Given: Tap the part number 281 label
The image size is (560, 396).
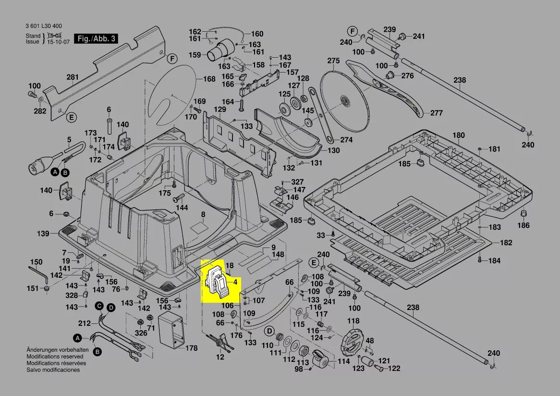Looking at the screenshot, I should click(x=73, y=77).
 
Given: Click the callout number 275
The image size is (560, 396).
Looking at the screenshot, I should click(x=333, y=61).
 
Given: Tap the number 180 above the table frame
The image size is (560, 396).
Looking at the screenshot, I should click(x=459, y=136).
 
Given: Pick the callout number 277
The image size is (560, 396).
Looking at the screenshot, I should click(x=436, y=113).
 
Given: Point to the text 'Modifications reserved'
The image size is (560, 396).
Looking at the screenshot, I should click(x=55, y=357).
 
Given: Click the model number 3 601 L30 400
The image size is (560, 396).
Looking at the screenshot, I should click(x=43, y=26).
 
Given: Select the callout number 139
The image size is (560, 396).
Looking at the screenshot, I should click(x=43, y=234).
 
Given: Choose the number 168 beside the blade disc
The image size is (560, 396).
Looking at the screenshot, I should click(x=209, y=79).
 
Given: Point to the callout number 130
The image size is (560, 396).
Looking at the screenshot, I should click(x=333, y=150).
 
